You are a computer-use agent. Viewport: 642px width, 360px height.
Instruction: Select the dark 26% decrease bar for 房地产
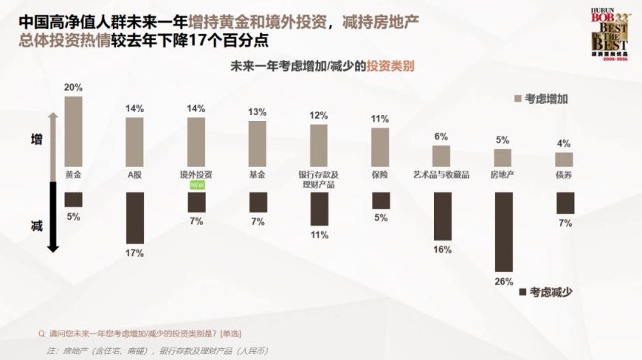503,232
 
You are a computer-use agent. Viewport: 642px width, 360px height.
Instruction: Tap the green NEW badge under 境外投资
197,185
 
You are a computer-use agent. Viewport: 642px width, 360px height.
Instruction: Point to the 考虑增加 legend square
517,98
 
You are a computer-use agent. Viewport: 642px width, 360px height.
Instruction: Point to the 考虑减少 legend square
523,291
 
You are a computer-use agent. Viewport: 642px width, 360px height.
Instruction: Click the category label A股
134,175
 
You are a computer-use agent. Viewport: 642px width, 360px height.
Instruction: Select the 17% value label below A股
134,253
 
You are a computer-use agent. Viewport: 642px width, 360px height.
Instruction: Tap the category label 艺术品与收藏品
441,175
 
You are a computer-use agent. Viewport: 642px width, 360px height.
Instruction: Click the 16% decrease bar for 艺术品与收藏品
442,216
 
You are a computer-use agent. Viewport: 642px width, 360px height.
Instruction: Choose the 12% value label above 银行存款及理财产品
318,115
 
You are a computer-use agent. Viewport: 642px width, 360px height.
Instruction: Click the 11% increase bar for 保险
380,148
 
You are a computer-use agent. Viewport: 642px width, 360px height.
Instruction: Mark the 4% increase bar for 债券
564,159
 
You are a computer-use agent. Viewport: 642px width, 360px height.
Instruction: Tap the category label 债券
564,175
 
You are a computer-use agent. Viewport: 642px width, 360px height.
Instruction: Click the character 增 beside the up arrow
36,139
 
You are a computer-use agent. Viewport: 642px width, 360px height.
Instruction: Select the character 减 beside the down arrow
36,226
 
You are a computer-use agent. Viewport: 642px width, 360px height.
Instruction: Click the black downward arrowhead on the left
52,247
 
